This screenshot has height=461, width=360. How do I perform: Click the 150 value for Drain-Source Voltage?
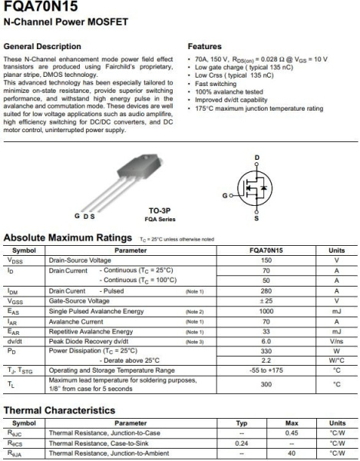coord(266,260)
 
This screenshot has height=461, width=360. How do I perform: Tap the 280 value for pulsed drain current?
coord(266,291)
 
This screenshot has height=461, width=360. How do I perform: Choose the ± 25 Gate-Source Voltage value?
coord(266,301)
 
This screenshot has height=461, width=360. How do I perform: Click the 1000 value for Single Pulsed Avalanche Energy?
coord(266,311)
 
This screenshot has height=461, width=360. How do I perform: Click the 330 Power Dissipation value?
coord(266,351)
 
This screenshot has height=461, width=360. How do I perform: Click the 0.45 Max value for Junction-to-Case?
coord(292,433)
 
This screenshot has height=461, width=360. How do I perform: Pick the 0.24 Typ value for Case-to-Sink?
coord(241,443)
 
